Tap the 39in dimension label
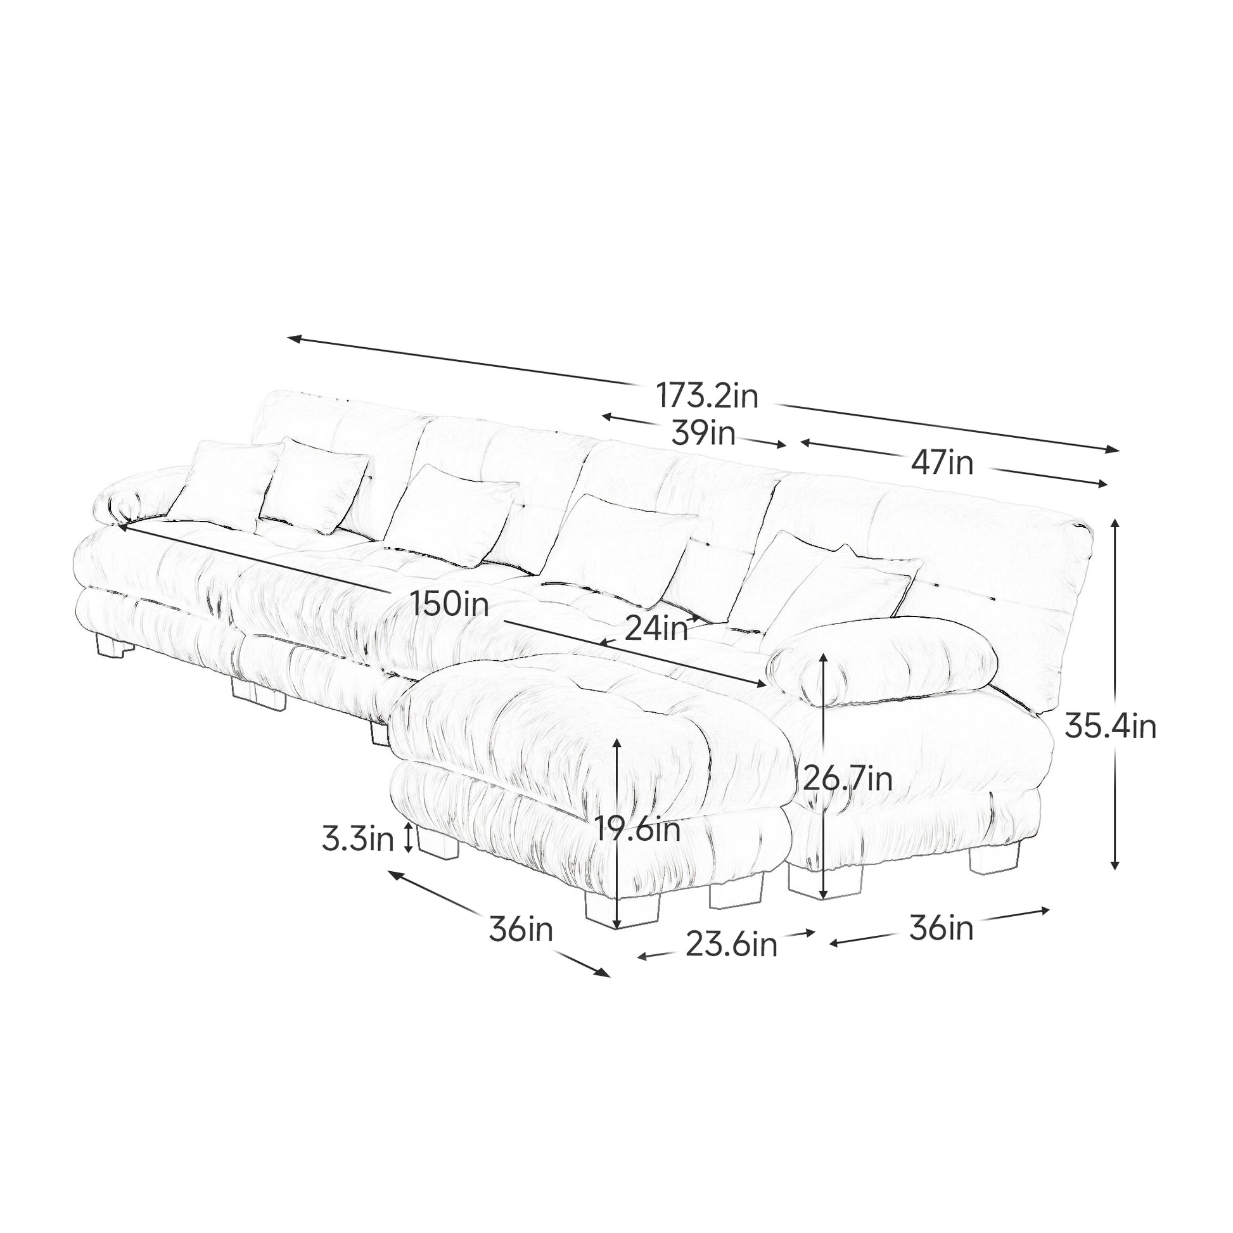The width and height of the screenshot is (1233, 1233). (x=703, y=434)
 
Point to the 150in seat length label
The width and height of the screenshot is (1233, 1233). (x=449, y=603)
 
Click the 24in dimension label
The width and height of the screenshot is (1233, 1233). (x=656, y=629)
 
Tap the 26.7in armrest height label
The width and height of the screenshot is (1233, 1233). (x=847, y=779)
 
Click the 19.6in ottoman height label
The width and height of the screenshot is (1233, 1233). (x=637, y=830)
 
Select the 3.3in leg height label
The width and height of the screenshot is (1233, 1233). (x=357, y=840)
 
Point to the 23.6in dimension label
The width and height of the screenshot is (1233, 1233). (x=731, y=945)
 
